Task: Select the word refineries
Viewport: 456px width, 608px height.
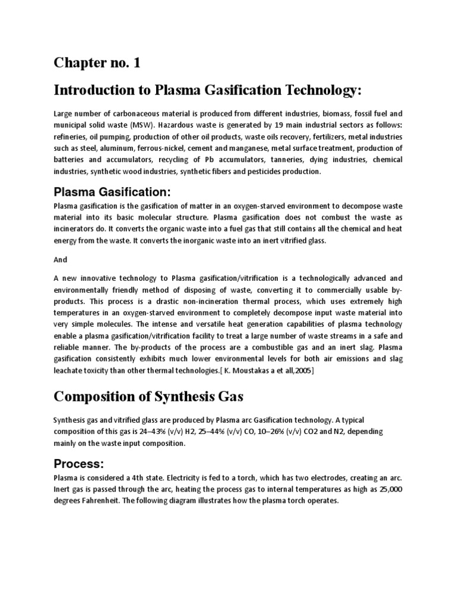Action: click(x=72, y=136)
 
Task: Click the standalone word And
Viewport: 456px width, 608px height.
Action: click(x=61, y=259)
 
